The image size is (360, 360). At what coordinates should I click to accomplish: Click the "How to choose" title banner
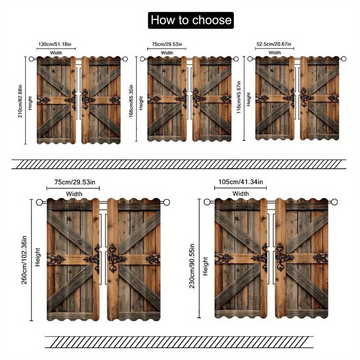pos(191,20)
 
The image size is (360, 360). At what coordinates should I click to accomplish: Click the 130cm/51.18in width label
pos(56,45)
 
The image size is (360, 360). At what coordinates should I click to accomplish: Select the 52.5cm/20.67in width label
pos(274,45)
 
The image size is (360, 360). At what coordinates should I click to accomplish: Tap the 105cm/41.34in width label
pos(240,182)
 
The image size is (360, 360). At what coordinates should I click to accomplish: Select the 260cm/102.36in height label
pos(25,260)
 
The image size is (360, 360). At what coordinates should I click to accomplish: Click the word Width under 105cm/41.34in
pos(240,194)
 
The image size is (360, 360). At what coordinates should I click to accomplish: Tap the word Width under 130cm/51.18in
pos(56,53)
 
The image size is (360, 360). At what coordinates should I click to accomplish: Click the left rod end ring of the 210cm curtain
pos(31,59)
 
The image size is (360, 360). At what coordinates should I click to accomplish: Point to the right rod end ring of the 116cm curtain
pos(343,59)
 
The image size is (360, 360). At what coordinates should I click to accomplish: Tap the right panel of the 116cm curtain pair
pos(319,98)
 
